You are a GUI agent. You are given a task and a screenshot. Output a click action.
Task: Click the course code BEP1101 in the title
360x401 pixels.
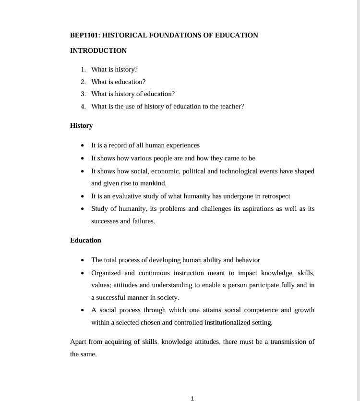point(84,35)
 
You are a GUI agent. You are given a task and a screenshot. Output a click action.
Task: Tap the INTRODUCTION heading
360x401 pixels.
point(98,50)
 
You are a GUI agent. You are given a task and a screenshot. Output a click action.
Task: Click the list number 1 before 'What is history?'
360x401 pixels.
point(83,69)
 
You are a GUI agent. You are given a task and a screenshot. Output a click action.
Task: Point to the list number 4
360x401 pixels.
point(83,106)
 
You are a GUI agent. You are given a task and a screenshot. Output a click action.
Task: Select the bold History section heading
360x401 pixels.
point(81,125)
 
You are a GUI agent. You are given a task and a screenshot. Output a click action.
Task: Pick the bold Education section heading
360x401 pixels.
point(85,240)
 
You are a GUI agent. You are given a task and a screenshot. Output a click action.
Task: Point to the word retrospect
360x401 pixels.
point(274,196)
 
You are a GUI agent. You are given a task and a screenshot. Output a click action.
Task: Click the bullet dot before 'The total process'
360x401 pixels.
point(84,260)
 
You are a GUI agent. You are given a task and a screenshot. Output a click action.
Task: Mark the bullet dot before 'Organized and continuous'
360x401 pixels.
point(84,273)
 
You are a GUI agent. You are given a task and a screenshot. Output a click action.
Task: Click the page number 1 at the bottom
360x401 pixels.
point(192,398)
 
